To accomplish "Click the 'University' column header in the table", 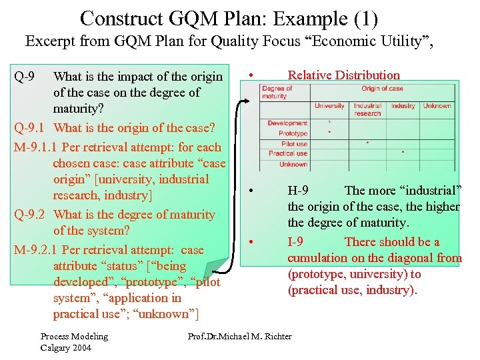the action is tap(329, 106).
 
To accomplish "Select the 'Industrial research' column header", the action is tap(367, 109).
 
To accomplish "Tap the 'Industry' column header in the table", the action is tap(403, 106).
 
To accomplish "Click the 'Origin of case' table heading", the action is tap(382, 88).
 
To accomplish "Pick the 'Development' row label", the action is tap(287, 123).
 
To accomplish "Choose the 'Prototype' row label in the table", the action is tap(293, 133).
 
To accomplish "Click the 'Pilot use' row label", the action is tap(294, 144).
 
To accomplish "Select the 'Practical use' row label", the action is tap(288, 153).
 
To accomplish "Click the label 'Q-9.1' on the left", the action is tap(29, 127).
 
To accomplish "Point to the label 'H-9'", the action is tap(297, 191).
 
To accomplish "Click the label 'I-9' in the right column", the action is tap(296, 242).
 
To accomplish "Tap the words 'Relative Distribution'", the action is tap(343, 75).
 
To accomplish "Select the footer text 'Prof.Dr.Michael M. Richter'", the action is tap(240, 336).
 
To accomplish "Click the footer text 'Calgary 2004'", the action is tap(65, 347).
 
